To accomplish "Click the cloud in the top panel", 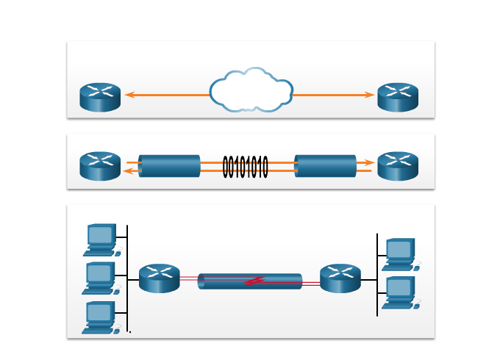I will tap(251, 91).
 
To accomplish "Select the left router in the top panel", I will tap(100, 97).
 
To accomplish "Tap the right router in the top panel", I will tap(398, 97).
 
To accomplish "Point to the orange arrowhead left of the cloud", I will tap(129, 95).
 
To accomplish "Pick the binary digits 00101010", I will tap(246, 167).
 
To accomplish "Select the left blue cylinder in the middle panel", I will tap(169, 166).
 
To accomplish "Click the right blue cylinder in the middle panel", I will tap(325, 166).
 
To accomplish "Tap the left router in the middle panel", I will tap(100, 166).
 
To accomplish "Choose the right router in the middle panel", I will tap(398, 166).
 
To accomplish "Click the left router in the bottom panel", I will tap(160, 278).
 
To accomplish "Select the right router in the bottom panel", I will tap(340, 278).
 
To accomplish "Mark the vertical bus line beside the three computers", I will tap(128, 279).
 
